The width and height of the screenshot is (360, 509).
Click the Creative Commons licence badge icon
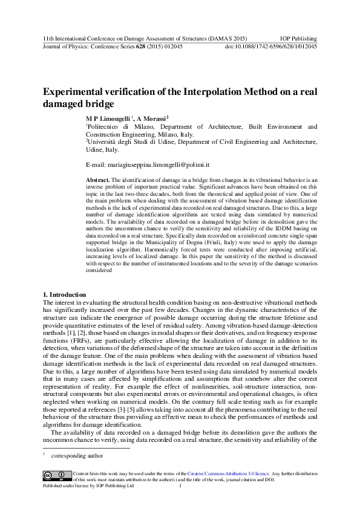56,475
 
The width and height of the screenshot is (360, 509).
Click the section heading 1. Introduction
65,294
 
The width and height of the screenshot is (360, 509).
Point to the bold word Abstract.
98,180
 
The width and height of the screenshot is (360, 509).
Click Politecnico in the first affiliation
104,127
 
